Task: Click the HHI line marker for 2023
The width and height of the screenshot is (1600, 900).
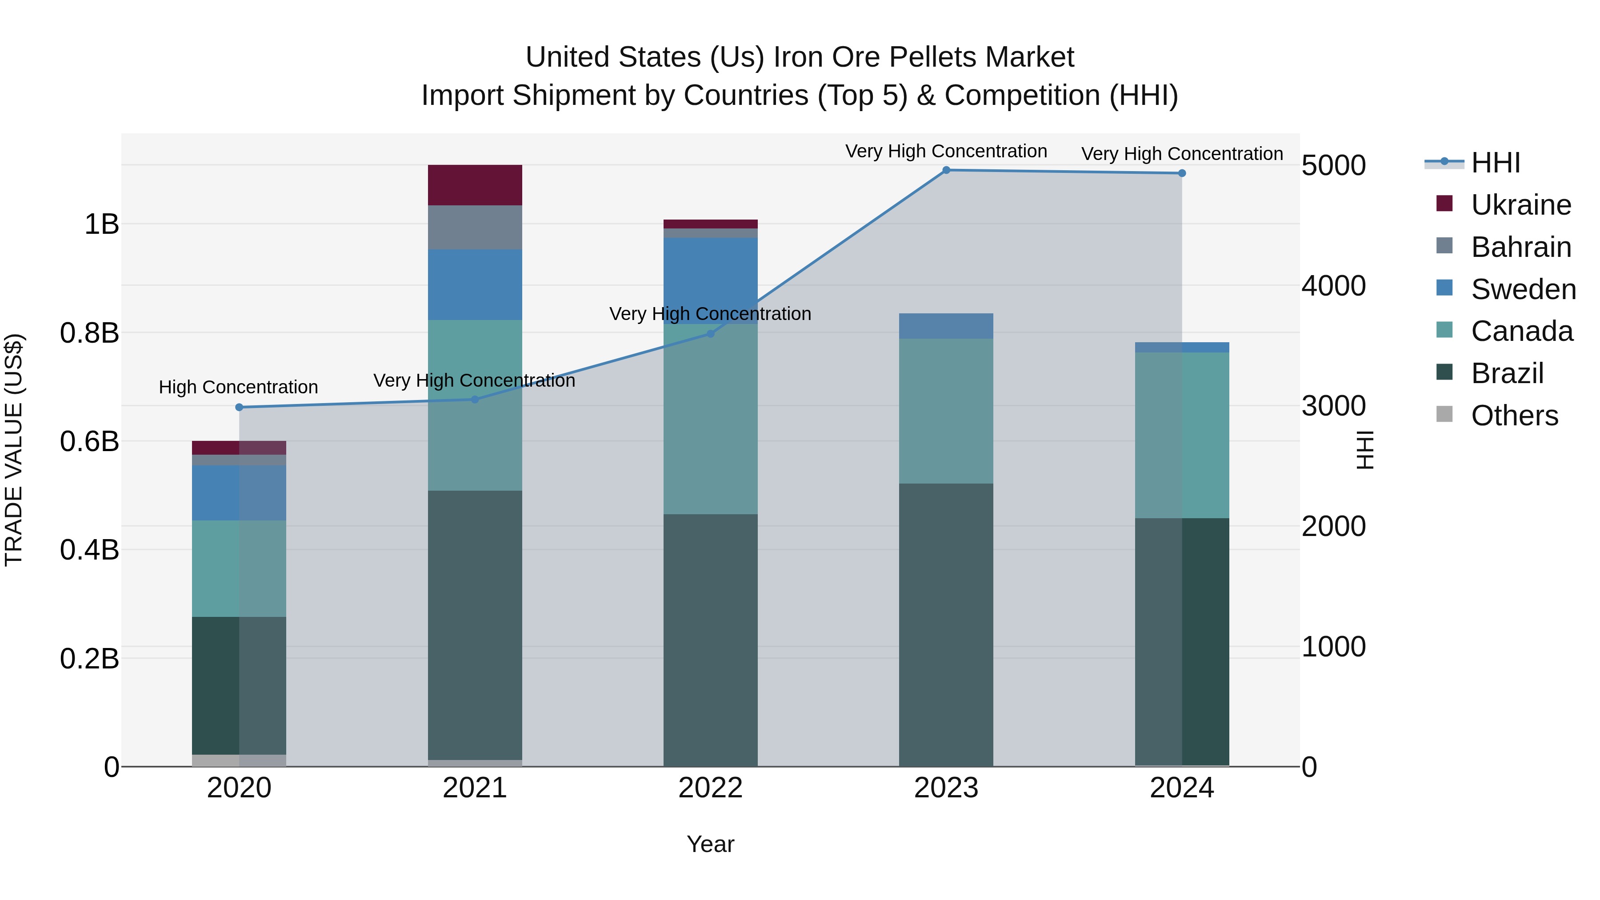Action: click(946, 170)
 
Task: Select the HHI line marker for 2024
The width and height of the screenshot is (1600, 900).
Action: click(1181, 173)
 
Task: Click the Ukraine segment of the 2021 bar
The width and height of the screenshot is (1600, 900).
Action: click(475, 185)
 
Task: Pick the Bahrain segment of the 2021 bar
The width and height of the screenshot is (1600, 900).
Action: click(475, 227)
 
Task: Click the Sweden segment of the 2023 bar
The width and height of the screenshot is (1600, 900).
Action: click(946, 326)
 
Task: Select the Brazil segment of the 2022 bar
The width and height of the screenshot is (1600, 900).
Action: click(711, 640)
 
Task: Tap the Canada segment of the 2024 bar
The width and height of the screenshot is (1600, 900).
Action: click(1181, 435)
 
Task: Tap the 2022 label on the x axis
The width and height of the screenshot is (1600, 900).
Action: click(711, 788)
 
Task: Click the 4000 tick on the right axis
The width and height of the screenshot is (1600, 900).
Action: click(1333, 286)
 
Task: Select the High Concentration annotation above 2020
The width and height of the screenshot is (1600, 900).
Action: click(239, 387)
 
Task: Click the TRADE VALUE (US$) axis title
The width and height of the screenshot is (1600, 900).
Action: click(14, 450)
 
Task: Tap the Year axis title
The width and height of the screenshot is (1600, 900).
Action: click(711, 844)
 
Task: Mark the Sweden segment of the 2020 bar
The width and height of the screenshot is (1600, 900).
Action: click(239, 492)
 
